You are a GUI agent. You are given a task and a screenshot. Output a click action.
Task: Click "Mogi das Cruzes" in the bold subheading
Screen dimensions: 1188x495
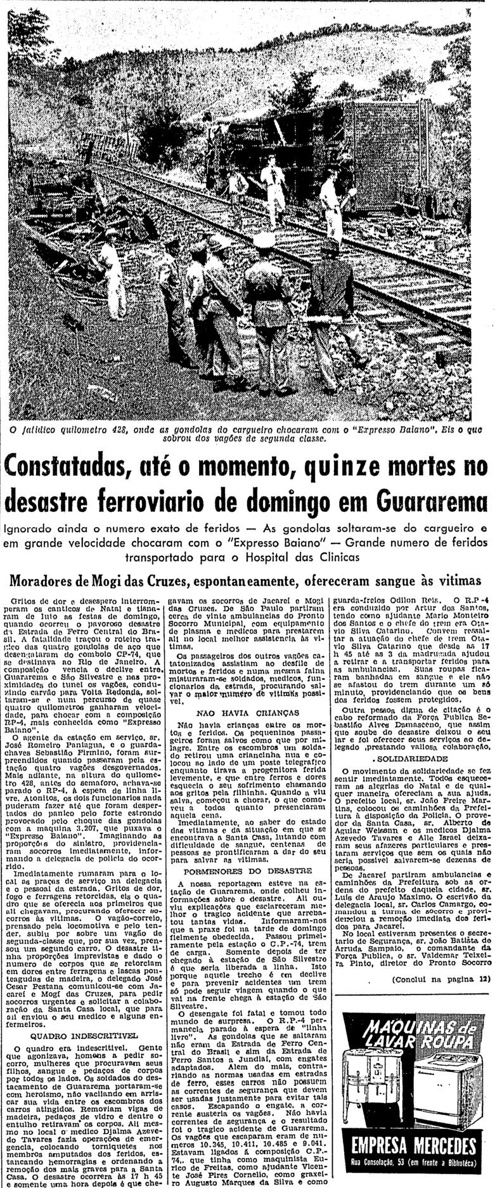(x=139, y=582)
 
